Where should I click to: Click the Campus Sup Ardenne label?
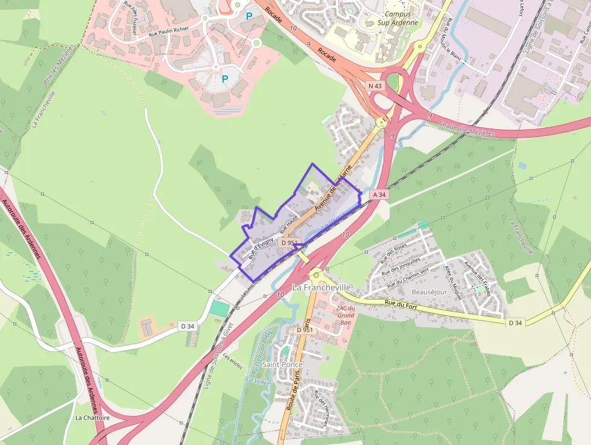[x=397, y=18]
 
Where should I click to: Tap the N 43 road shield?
[x=375, y=86]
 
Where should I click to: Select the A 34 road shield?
[x=379, y=194]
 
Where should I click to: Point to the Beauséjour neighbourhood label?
[x=429, y=292]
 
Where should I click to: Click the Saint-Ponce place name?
[x=282, y=365]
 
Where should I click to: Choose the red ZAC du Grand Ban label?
[x=346, y=315]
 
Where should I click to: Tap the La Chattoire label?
[x=92, y=417]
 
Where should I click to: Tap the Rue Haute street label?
[x=289, y=225]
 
